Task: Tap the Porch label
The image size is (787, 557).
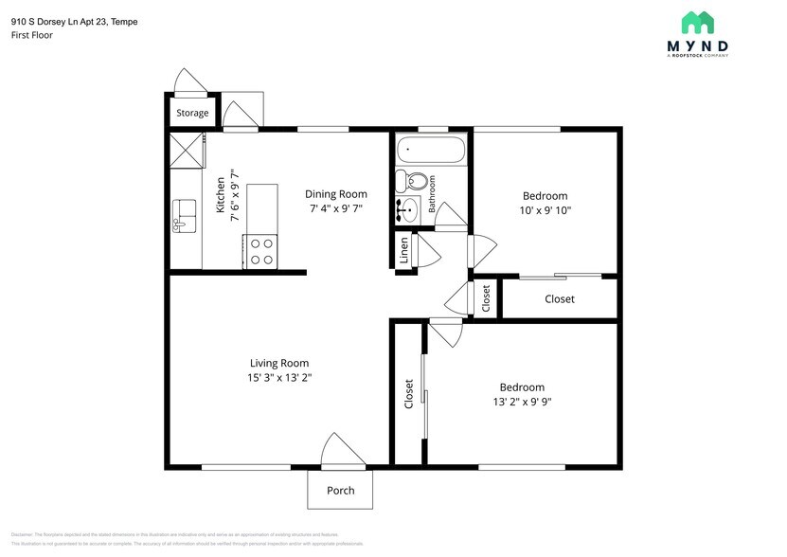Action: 340,491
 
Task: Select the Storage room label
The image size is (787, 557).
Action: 192,114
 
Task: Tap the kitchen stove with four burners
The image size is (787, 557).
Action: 260,251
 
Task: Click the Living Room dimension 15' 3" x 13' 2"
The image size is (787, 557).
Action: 279,378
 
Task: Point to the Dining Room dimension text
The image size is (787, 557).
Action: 335,208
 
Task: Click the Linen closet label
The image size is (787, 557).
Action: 404,252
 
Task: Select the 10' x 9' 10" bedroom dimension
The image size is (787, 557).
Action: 545,210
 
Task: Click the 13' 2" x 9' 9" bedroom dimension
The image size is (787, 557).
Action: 522,402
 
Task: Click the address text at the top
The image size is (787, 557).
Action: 74,21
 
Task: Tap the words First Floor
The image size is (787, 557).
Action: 32,35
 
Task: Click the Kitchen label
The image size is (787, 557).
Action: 221,194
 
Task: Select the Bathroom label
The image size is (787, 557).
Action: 431,192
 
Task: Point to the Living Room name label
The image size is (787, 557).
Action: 279,363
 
